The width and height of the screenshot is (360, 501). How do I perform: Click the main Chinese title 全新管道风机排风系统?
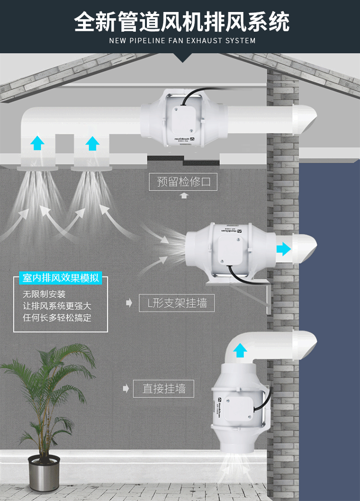tap(182, 22)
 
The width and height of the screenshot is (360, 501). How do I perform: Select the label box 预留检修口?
tap(183, 182)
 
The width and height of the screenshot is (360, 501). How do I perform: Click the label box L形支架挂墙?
tap(177, 303)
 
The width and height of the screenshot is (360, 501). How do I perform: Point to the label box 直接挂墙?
tap(164, 388)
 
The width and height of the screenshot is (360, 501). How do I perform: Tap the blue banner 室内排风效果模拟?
tap(61, 278)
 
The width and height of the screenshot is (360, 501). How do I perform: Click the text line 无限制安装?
tap(44, 294)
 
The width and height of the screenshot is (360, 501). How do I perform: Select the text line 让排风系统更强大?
tap(57, 306)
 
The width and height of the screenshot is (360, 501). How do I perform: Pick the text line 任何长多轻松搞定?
tap(57, 317)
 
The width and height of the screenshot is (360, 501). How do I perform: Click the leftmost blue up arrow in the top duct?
tap(36, 143)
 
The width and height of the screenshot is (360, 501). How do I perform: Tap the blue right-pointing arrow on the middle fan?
tap(283, 249)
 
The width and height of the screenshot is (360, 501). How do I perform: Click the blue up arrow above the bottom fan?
tap(240, 351)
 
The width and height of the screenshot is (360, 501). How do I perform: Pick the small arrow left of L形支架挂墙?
tap(129, 303)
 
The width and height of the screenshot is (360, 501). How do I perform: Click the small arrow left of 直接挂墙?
tap(126, 388)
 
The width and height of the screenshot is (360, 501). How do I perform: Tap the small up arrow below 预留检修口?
tap(183, 196)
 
